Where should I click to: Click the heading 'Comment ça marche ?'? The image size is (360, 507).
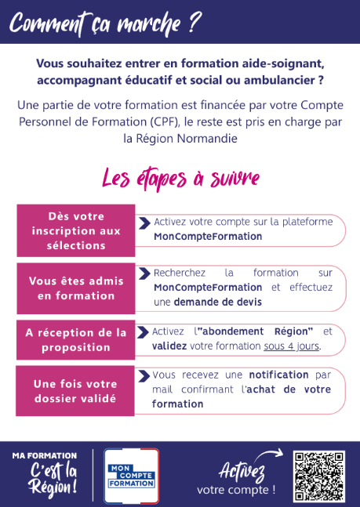[x=106, y=22]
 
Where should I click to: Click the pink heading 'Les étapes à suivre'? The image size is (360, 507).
[x=180, y=178]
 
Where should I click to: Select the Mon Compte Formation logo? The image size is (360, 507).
[x=132, y=476]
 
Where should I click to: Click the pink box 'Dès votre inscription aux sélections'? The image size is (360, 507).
[x=76, y=230]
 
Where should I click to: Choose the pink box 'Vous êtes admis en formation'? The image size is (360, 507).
[x=76, y=288]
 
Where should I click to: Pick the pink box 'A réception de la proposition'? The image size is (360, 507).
[x=76, y=339]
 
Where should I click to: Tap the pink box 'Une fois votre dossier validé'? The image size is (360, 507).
[x=76, y=391]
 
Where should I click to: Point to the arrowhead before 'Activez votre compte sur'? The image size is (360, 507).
[x=144, y=223]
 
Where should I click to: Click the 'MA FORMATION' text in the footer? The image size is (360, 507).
[x=45, y=455]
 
